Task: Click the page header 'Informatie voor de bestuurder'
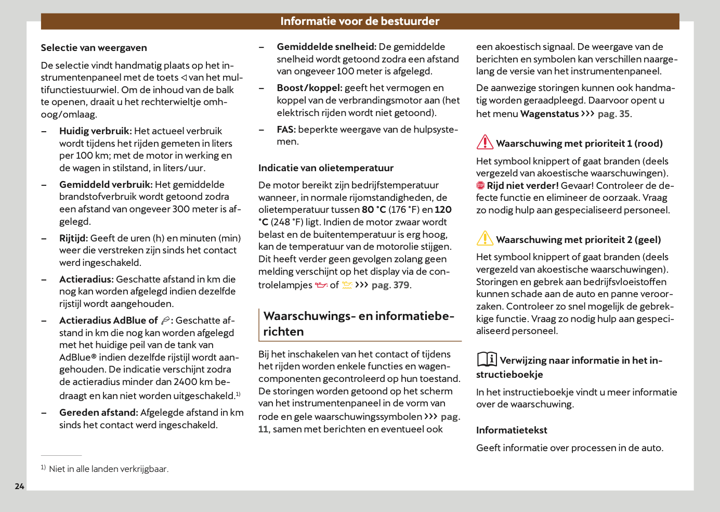(x=360, y=21)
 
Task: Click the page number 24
(x=20, y=487)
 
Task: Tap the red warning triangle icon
(x=485, y=142)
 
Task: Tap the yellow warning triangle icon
(x=485, y=238)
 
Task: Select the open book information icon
(x=487, y=359)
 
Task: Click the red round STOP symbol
(x=480, y=186)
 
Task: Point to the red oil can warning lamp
(x=321, y=285)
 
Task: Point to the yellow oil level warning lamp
(x=347, y=285)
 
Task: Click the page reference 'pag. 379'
(x=390, y=285)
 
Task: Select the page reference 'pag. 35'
(x=613, y=114)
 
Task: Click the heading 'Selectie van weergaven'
(x=94, y=48)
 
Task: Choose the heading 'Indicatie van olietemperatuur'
(x=326, y=168)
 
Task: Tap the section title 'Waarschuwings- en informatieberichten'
(x=359, y=324)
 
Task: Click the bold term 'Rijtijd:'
(x=73, y=238)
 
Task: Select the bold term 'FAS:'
(x=286, y=130)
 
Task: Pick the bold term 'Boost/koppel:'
(x=309, y=88)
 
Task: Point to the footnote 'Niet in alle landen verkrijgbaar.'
(x=109, y=469)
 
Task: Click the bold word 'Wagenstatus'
(x=549, y=114)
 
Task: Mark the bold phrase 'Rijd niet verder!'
(x=522, y=186)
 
